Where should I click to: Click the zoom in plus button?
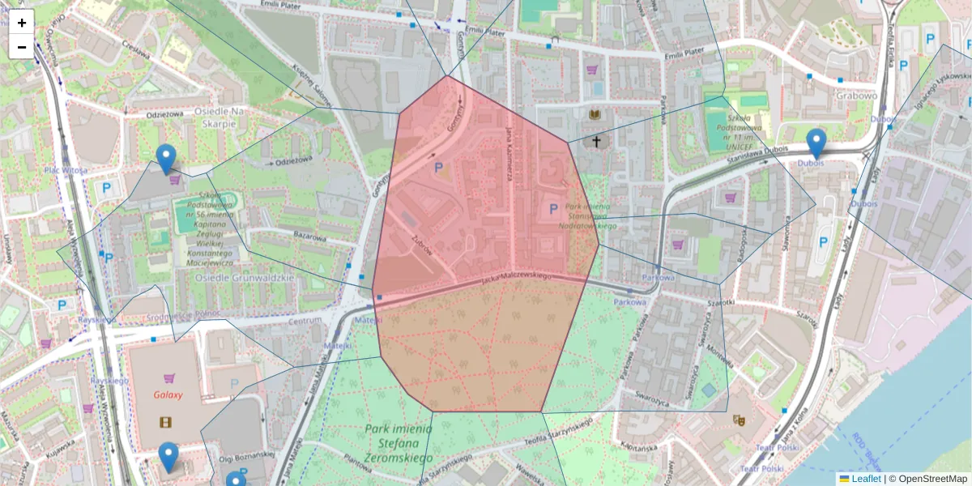click(22, 23)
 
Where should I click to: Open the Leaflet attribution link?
click(865, 479)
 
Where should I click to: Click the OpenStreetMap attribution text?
click(932, 479)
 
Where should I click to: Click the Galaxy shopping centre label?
click(168, 395)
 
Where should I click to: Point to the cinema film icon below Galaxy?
click(166, 421)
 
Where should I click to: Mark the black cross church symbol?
click(597, 142)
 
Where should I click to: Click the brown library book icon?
click(595, 114)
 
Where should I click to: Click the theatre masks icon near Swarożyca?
click(738, 420)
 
